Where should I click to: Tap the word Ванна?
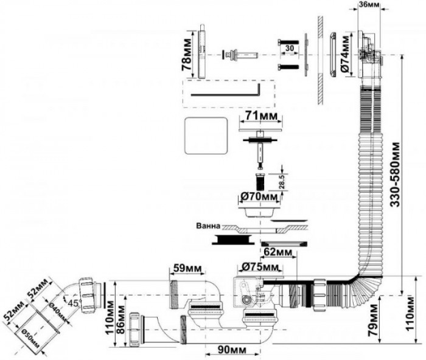point(209,226)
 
